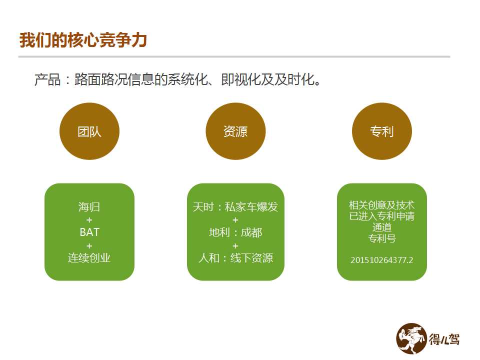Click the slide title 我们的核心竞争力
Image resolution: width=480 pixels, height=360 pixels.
click(83, 40)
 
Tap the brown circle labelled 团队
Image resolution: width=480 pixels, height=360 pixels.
click(89, 131)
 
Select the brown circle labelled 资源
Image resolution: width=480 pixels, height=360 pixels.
click(235, 131)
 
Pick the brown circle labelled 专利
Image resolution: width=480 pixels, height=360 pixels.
click(381, 131)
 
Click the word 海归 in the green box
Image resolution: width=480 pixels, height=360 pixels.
click(89, 207)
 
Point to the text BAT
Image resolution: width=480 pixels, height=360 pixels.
click(89, 232)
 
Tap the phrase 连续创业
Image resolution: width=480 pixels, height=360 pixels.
click(89, 258)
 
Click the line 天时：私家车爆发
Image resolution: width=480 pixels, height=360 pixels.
click(235, 207)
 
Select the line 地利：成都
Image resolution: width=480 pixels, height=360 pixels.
click(235, 232)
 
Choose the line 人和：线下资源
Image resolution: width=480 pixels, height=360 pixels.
click(235, 258)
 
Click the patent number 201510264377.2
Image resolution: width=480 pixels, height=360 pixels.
click(381, 260)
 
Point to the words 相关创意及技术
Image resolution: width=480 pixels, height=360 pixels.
click(381, 205)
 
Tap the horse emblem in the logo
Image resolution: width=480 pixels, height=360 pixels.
click(411, 338)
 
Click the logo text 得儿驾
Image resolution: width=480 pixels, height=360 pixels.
click(444, 339)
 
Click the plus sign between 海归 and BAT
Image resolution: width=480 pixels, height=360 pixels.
click(89, 220)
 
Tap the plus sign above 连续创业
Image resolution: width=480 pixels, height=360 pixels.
click(89, 245)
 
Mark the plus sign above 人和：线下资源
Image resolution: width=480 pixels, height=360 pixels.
click(235, 245)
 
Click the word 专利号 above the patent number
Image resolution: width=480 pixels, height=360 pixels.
click(381, 238)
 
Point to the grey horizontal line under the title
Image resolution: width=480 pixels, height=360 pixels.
click(234, 56)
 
